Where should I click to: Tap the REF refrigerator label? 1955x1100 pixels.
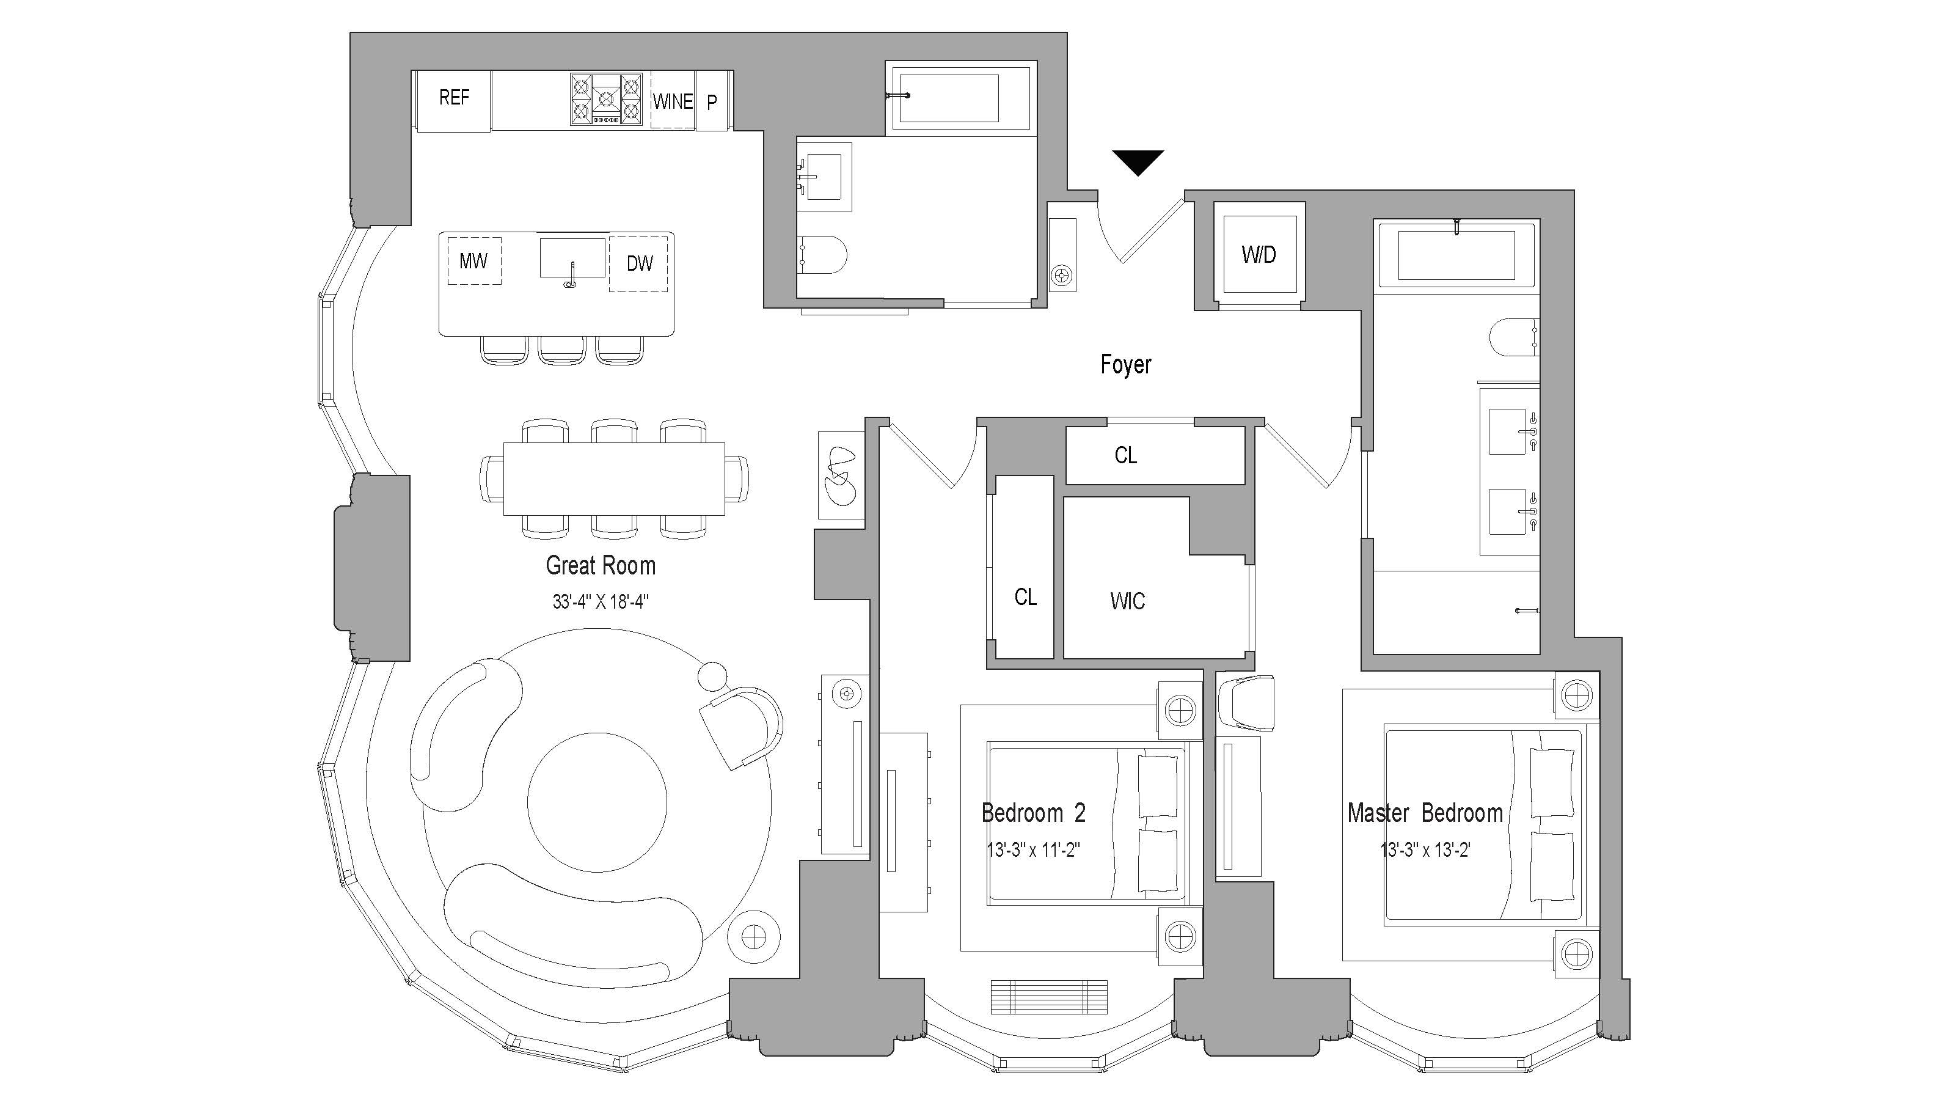454,97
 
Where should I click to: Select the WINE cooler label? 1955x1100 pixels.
673,101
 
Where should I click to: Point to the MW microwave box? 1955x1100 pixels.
473,261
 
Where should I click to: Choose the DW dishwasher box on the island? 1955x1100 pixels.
639,263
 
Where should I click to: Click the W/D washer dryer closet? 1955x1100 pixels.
1259,254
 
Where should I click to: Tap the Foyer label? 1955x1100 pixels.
1125,364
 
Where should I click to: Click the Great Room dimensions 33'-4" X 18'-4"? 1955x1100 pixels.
601,602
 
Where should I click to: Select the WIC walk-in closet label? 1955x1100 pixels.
1127,601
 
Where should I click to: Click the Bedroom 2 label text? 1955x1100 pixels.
1034,813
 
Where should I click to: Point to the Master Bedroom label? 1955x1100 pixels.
1425,813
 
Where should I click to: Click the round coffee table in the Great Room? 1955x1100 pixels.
597,802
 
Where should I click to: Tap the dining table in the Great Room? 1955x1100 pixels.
614,479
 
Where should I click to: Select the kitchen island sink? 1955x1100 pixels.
573,258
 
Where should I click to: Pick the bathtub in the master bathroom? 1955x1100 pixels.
1456,254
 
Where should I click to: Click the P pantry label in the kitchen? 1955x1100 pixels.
712,101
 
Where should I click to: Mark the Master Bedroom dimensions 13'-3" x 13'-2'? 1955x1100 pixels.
1425,850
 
